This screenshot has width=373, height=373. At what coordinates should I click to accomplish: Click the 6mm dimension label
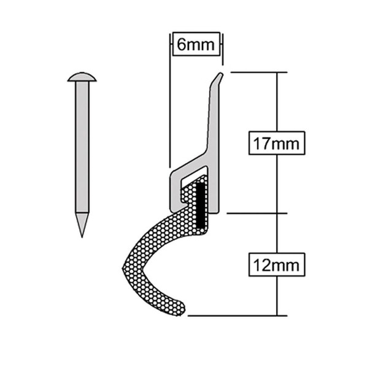(x=196, y=44)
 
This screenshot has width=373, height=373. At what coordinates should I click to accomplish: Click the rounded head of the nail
(x=82, y=77)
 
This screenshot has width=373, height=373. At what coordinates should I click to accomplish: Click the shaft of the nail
(x=82, y=147)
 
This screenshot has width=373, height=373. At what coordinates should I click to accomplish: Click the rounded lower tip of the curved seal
(x=178, y=307)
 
